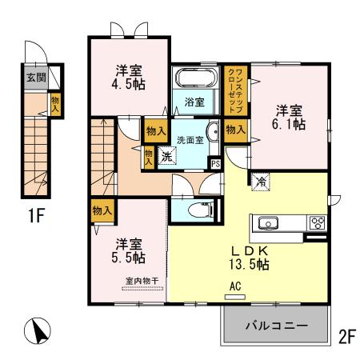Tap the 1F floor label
click(x=34, y=216)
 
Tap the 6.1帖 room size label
click(x=289, y=124)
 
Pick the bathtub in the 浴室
click(x=195, y=80)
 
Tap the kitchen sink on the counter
click(x=267, y=223)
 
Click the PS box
click(x=214, y=163)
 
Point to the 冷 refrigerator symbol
click(x=261, y=182)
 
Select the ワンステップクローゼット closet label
click(x=236, y=90)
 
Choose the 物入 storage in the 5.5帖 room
click(x=102, y=210)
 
